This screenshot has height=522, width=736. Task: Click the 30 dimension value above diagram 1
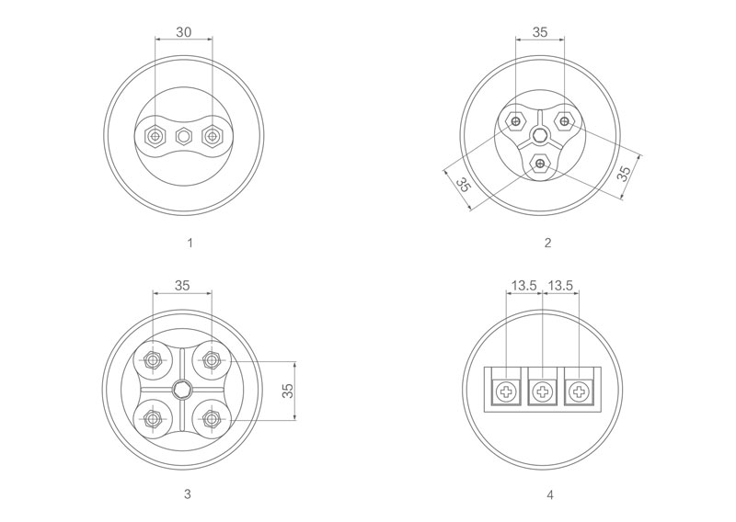click(x=183, y=32)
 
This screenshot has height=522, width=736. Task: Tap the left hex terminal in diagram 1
click(x=155, y=136)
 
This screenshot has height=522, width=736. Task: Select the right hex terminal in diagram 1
click(x=213, y=136)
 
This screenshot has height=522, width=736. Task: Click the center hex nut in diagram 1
click(x=183, y=137)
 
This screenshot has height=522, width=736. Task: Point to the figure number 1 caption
click(x=190, y=243)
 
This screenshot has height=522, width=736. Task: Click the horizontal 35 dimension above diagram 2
click(x=540, y=32)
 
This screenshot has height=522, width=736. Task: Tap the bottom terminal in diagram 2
click(x=541, y=164)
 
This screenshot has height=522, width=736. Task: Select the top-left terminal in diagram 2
click(x=516, y=121)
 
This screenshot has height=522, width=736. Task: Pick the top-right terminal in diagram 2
click(x=564, y=121)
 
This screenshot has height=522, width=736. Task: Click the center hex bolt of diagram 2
click(x=540, y=137)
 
